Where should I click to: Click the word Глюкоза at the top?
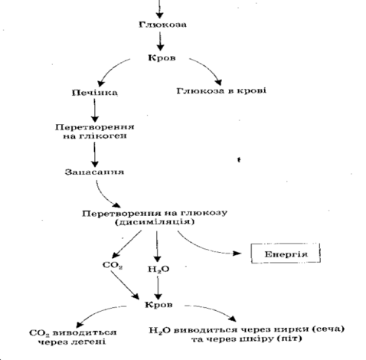162,25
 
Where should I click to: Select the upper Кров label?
162,58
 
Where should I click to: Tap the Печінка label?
95,93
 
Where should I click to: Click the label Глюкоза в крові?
221,91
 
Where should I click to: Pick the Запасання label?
94,172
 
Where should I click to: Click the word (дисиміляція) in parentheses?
155,221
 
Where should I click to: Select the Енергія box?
286,254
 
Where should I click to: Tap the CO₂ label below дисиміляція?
113,266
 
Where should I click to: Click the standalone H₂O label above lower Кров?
158,270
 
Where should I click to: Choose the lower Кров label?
158,305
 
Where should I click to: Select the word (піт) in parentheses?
289,339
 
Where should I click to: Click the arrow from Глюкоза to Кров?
160,41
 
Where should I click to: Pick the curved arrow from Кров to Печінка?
110,68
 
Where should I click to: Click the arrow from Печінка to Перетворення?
95,110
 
